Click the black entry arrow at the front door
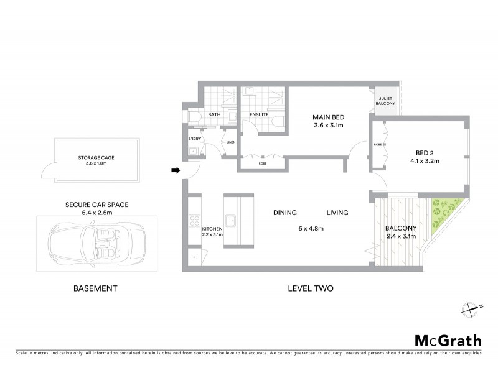coord(176,170)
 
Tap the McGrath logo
coord(448,340)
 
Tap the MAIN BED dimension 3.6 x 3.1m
coord(328,126)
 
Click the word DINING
coord(284,213)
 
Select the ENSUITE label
coord(259,115)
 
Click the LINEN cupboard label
coord(230,142)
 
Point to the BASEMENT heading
coord(95,288)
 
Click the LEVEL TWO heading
coord(311,288)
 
